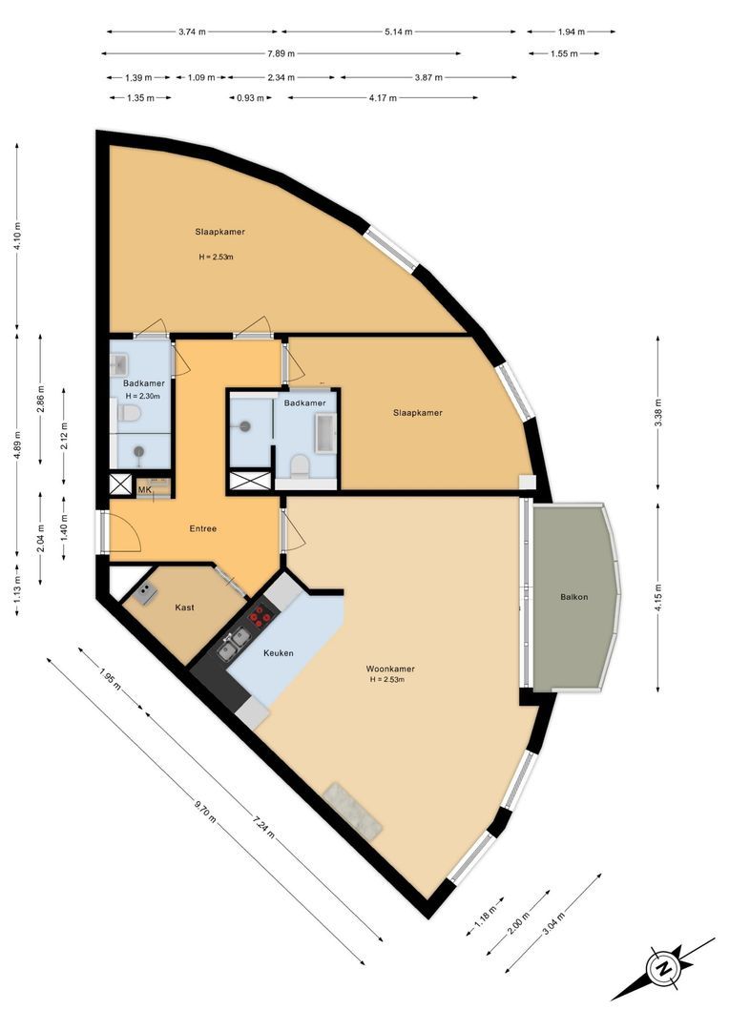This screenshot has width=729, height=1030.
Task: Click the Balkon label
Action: click(x=574, y=597)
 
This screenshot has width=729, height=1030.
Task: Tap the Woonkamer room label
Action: click(x=390, y=669)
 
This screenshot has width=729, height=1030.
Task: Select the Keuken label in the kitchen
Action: click(x=278, y=653)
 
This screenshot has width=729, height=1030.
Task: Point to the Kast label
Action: click(x=185, y=607)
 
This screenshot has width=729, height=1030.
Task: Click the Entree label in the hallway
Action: click(x=201, y=528)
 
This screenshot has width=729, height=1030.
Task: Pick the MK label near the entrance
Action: click(x=145, y=490)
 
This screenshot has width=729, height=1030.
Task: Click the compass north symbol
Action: click(x=662, y=969)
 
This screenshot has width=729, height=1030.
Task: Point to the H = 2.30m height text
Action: click(x=141, y=397)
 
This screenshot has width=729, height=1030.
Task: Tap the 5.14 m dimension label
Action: click(x=399, y=31)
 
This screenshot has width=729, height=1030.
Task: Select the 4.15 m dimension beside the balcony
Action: click(x=658, y=596)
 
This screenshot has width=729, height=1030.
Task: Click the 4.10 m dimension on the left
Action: click(x=17, y=235)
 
